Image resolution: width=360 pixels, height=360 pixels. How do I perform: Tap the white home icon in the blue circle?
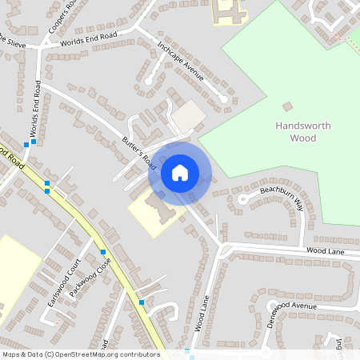point(180,173)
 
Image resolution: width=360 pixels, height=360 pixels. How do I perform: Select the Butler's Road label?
point(138,150)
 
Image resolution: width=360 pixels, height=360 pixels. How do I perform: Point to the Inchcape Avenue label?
point(181,62)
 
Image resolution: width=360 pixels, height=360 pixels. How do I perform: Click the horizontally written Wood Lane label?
point(325,250)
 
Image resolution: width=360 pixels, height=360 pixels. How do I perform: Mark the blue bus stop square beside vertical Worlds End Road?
point(26,144)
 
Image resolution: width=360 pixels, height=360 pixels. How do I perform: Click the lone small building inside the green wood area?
point(287,105)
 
